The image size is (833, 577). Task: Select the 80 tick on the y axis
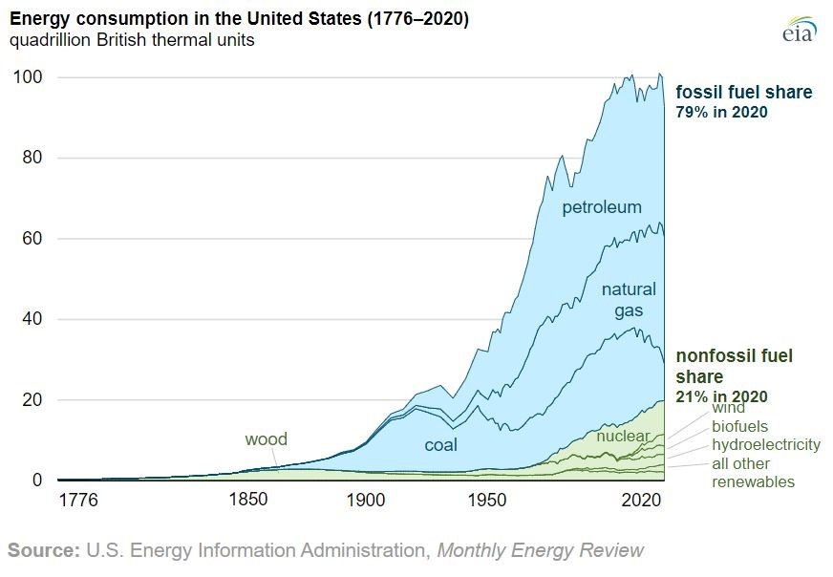click(x=30, y=158)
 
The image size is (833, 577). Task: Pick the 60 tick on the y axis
click(x=30, y=239)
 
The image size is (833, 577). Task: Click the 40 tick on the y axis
click(x=30, y=319)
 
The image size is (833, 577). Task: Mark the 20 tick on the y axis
click(x=30, y=399)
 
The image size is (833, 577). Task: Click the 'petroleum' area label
click(x=602, y=207)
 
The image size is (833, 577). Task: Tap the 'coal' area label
click(x=441, y=445)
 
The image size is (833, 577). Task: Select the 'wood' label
click(x=266, y=439)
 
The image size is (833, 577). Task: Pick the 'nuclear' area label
click(x=623, y=437)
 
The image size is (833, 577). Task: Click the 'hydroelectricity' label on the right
click(x=765, y=444)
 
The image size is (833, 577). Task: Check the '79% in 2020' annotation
click(x=722, y=112)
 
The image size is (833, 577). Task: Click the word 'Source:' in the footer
click(x=44, y=550)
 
